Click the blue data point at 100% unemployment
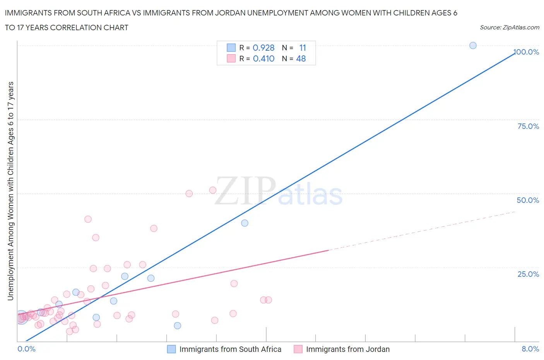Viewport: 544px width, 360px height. (473, 46)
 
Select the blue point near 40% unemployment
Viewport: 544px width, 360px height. (245, 223)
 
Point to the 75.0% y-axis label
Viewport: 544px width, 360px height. (528, 126)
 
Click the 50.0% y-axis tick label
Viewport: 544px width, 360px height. (528, 200)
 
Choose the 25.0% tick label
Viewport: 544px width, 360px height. (528, 274)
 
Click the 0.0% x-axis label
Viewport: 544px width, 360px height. (26, 349)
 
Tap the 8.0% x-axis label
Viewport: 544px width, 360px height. (530, 349)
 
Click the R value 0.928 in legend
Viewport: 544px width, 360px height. (263, 48)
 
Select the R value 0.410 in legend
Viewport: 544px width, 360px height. (263, 58)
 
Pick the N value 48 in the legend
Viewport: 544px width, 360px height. (301, 58)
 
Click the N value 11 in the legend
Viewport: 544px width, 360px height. (303, 48)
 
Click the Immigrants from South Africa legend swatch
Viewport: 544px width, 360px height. (171, 349)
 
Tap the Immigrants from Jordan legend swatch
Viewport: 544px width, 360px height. (298, 349)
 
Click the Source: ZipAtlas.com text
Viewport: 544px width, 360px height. (509, 27)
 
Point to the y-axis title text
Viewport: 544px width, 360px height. (10, 191)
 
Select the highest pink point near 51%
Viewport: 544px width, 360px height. (213, 190)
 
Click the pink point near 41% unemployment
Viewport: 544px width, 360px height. (88, 219)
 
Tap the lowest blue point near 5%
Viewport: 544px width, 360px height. (177, 326)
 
